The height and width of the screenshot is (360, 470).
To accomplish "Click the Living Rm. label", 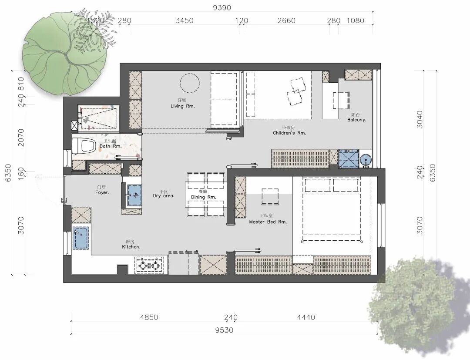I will click(x=183, y=106).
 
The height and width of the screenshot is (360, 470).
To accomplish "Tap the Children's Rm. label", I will click(x=289, y=133).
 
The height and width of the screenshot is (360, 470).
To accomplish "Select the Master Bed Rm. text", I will click(x=268, y=222).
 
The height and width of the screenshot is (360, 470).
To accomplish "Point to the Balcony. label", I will click(x=356, y=120).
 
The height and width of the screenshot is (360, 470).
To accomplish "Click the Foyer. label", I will click(x=102, y=192).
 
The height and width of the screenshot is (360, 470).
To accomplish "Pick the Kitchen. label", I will click(x=131, y=247).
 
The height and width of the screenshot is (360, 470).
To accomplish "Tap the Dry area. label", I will click(x=164, y=196).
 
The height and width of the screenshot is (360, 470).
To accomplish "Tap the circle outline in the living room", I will click(x=190, y=83).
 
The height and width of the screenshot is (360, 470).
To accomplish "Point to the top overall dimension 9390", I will click(x=222, y=7).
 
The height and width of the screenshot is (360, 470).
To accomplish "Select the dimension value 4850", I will click(x=149, y=317).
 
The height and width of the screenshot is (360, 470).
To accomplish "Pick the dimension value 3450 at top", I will click(x=184, y=20).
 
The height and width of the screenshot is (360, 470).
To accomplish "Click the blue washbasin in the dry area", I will click(x=134, y=194).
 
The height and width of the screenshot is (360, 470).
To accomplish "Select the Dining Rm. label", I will click(x=203, y=197).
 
